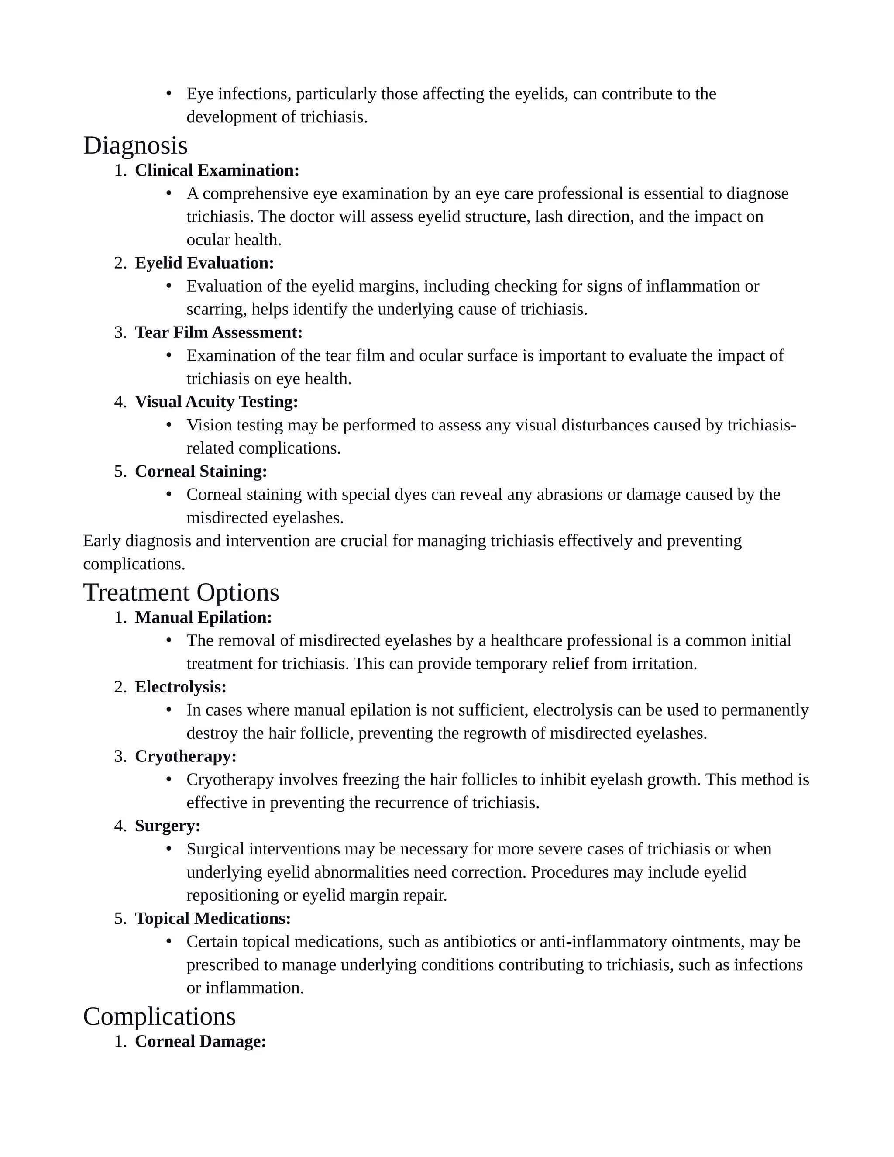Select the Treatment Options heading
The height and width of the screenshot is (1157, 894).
coord(181,593)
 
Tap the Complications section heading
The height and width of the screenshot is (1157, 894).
coord(159,1016)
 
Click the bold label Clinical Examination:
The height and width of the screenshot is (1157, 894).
coord(217,171)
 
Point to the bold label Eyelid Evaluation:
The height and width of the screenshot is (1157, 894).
coord(204,263)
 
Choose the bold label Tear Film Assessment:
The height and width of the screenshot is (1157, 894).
coord(218,333)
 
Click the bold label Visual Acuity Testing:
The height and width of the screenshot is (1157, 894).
coord(216,402)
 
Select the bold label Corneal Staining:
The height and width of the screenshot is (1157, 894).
coord(201,472)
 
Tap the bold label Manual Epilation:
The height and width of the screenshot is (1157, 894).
coord(203,618)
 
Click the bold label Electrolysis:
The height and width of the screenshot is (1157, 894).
coord(180,687)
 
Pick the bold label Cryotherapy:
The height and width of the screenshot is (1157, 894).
coord(186,757)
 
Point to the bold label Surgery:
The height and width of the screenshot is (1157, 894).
coord(167,826)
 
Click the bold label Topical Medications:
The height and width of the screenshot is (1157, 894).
coord(213,919)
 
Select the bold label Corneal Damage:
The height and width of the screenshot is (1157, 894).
coord(200,1041)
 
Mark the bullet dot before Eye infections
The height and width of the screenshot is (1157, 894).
coord(169,94)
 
